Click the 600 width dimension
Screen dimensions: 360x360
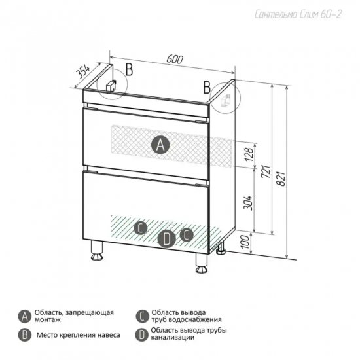(x=175, y=59)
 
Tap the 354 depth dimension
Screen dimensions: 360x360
(x=82, y=71)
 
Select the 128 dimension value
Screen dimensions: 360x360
(x=249, y=153)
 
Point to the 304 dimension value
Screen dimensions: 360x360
(x=248, y=203)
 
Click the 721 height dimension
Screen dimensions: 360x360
(x=266, y=171)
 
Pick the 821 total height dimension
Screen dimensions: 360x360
(x=281, y=178)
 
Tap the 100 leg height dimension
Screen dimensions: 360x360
(x=245, y=242)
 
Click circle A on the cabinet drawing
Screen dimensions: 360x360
(x=160, y=145)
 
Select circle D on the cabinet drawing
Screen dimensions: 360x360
(x=167, y=239)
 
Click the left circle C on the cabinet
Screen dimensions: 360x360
(x=141, y=228)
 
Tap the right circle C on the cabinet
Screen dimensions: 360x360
(x=187, y=234)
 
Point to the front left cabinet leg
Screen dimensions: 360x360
(x=96, y=251)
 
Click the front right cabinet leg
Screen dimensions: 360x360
(x=202, y=263)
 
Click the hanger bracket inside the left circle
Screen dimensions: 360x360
(x=111, y=86)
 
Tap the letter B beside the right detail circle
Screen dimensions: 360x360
(x=207, y=88)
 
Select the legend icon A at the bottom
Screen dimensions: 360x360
(x=25, y=317)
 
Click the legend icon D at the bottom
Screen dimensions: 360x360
(x=142, y=335)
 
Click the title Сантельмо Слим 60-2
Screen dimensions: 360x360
(x=298, y=14)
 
